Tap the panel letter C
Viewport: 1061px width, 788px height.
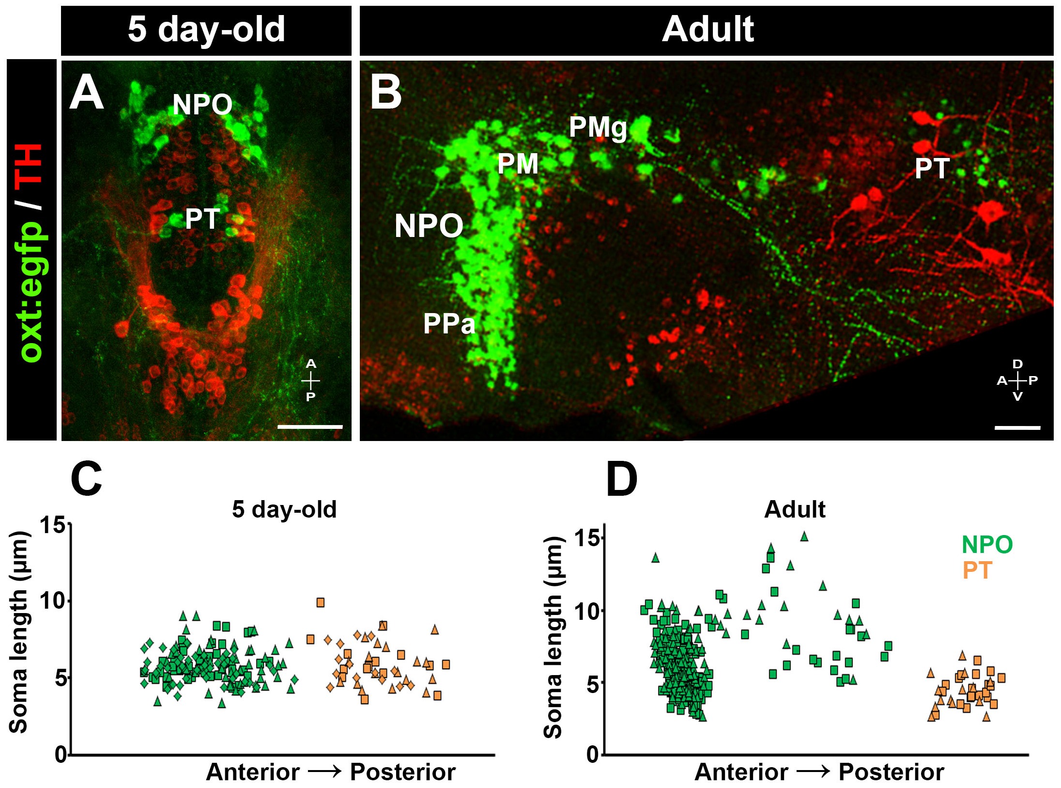pyautogui.click(x=86, y=479)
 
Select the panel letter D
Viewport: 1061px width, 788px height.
pyautogui.click(x=621, y=479)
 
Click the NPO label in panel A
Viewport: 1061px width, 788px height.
pyautogui.click(x=202, y=104)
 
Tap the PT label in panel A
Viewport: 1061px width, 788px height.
pyautogui.click(x=202, y=219)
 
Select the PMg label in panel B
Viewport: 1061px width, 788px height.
pyautogui.click(x=598, y=127)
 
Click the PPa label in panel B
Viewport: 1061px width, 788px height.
pyautogui.click(x=449, y=323)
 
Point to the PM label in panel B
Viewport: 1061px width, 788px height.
pyautogui.click(x=518, y=164)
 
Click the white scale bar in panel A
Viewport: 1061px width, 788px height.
pyautogui.click(x=310, y=427)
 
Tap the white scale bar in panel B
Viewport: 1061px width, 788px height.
pyautogui.click(x=1017, y=428)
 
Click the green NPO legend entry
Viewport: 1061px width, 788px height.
pyautogui.click(x=986, y=544)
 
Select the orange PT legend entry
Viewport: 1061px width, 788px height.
pyautogui.click(x=977, y=570)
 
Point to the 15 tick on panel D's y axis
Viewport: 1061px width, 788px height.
pyautogui.click(x=587, y=537)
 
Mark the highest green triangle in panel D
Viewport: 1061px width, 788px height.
pyautogui.click(x=804, y=536)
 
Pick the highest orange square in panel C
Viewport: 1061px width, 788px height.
pyautogui.click(x=320, y=602)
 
